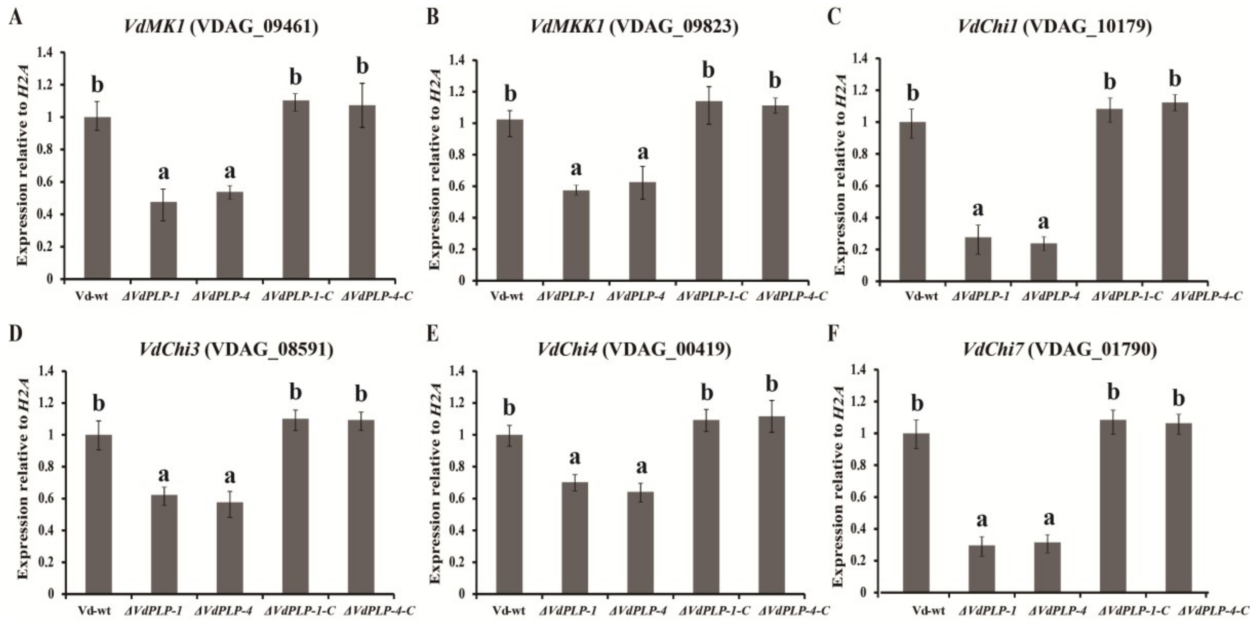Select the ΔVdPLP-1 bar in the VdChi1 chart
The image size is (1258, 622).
[x=978, y=259]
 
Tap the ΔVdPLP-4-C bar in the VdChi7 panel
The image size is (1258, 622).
[x=1178, y=508]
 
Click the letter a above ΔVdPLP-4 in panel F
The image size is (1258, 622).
[x=1048, y=519]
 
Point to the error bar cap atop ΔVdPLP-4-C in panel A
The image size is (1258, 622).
[x=362, y=83]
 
